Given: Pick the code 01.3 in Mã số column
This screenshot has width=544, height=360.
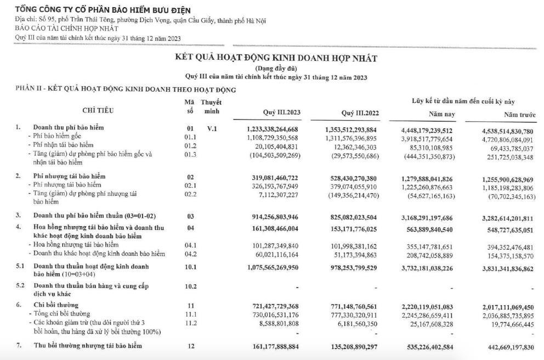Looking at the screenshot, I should (190, 154).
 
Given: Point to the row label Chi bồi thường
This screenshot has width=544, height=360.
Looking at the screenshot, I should (56, 305).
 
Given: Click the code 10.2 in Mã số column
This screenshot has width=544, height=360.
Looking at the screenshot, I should (190, 286).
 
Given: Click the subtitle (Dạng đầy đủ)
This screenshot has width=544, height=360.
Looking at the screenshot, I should (276, 68).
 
